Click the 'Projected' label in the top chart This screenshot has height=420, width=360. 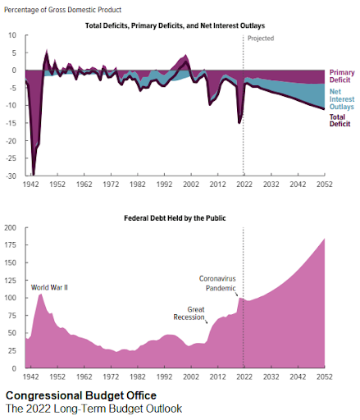261,39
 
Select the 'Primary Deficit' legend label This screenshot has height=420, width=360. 342,76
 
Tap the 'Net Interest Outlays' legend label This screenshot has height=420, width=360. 342,99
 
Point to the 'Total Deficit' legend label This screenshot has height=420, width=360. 339,121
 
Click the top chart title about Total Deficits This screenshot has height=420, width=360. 175,25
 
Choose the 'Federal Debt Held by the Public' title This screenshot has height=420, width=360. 175,218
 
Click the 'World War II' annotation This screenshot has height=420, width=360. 49,288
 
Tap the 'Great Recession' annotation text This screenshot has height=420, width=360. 189,313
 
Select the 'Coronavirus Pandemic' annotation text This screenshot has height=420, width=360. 217,283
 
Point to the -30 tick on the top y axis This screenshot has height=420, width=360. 11,176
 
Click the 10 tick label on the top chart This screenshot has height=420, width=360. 12,35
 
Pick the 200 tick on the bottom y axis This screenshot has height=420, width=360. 11,227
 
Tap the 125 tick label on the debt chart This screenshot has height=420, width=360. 11,281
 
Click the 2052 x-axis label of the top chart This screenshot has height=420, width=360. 325,185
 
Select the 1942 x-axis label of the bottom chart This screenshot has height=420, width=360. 30,377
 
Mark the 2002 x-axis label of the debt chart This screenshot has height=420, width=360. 191,377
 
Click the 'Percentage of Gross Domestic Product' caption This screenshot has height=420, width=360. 62,10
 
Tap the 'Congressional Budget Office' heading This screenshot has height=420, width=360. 81,395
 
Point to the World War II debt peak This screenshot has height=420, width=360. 40,294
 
